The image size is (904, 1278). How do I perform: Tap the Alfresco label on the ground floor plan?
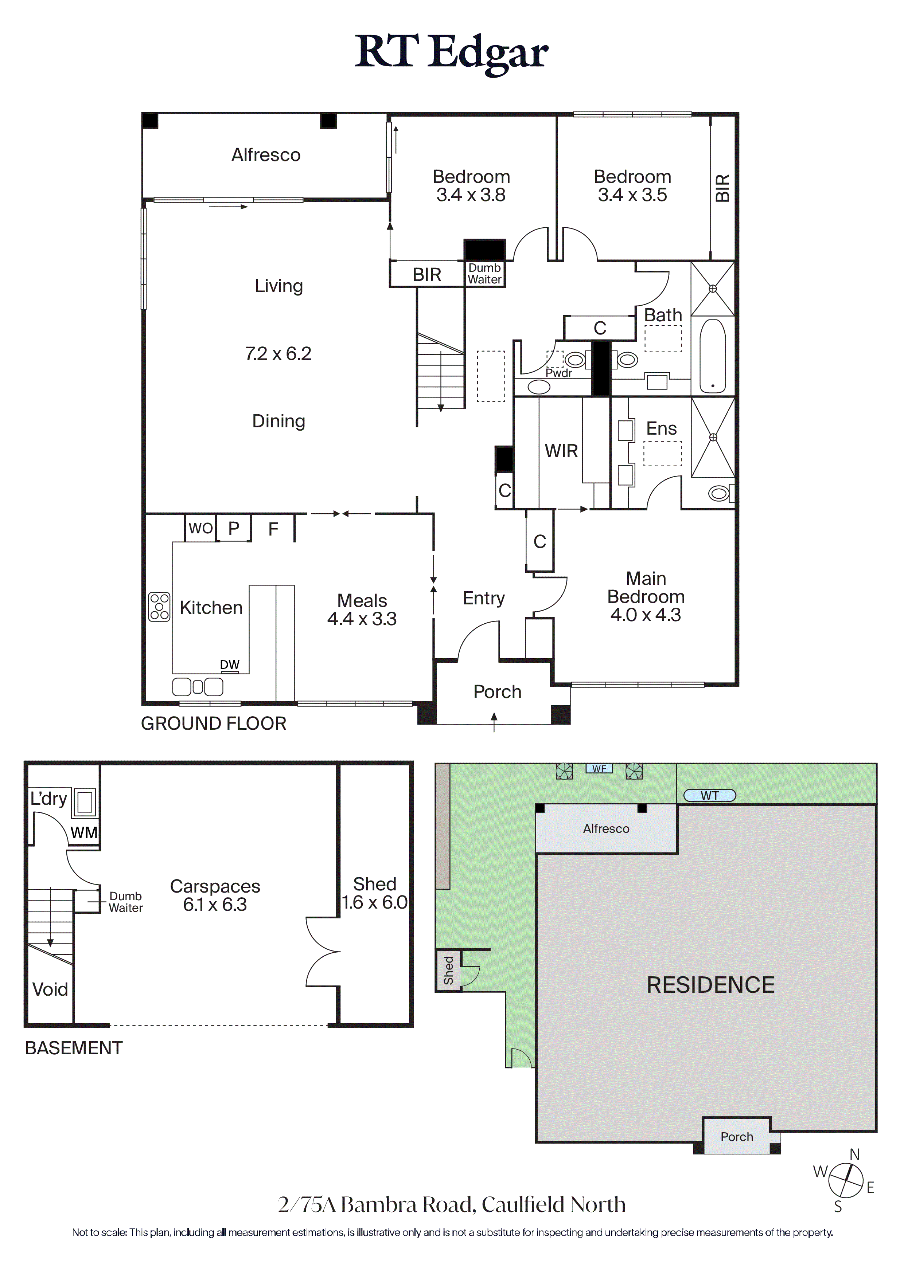point(266,155)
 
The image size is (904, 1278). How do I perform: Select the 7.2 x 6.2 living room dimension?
point(278,353)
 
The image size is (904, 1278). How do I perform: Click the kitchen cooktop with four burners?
point(159,606)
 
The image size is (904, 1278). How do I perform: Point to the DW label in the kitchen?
point(230,664)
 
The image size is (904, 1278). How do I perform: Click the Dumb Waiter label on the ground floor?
point(484,274)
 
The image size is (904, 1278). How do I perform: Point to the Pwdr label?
point(559,373)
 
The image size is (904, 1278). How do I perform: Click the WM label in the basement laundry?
point(84,833)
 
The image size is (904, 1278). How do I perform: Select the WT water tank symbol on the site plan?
point(710,795)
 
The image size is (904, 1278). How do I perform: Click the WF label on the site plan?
point(599,769)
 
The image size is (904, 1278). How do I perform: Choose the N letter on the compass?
point(854,1154)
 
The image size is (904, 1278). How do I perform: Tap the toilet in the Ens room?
point(720,493)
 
